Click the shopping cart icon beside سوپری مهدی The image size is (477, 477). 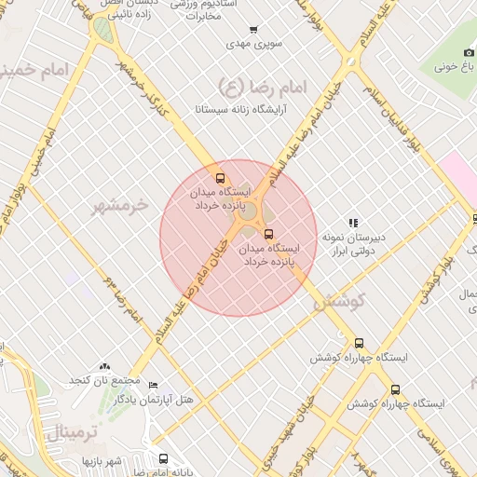pyautogui.click(x=254, y=30)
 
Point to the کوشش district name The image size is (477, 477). pyautogui.click(x=337, y=301)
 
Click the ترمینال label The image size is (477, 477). pyautogui.click(x=58, y=432)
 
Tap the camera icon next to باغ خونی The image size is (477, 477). pyautogui.click(x=470, y=53)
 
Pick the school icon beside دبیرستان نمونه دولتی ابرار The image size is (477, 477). pyautogui.click(x=353, y=223)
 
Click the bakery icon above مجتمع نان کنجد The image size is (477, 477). pyautogui.click(x=104, y=367)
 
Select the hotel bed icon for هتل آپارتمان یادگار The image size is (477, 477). pyautogui.click(x=153, y=386)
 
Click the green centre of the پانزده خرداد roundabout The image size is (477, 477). pyautogui.click(x=249, y=214)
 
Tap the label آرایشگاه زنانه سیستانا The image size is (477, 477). pyautogui.click(x=240, y=109)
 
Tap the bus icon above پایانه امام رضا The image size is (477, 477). pyautogui.click(x=164, y=458)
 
